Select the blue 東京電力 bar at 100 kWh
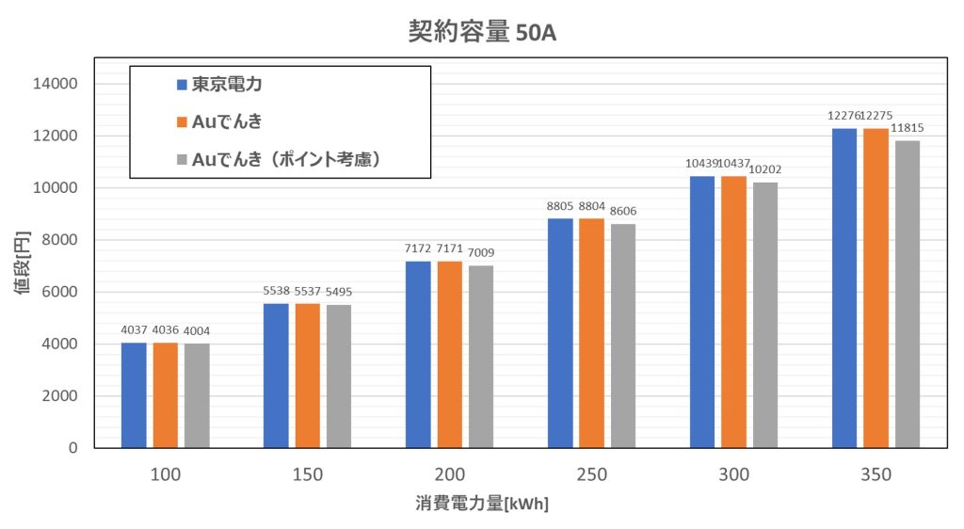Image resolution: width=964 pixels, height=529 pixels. coord(135,395)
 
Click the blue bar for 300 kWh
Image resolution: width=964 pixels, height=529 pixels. coord(702,312)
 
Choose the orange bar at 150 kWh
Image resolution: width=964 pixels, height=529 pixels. coord(308,376)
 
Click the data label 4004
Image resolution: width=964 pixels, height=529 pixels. coord(197,329)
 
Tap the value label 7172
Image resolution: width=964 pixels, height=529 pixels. coord(417,248)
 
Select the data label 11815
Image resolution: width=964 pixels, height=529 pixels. coord(908,128)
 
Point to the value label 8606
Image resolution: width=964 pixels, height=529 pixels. coord(622,211)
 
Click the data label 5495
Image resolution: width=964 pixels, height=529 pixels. coord(339,292)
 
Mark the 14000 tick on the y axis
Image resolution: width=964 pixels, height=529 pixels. coord(57,84)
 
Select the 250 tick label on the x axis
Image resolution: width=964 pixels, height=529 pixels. coord(591,474)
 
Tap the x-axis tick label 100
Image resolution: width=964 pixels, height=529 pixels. coord(166,474)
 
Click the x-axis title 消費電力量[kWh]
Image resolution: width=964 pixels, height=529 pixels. coord(482,504)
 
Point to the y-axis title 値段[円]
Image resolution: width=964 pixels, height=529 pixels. coord(22,265)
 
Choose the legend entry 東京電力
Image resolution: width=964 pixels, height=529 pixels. coord(226,84)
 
